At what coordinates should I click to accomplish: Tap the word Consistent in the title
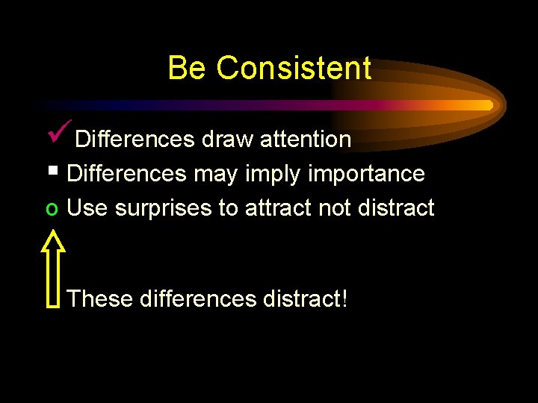click(x=294, y=68)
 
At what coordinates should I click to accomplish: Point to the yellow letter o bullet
click(x=50, y=209)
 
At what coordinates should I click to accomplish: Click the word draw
click(x=224, y=140)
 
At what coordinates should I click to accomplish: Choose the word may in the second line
click(x=212, y=175)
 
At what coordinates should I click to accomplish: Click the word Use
click(x=87, y=208)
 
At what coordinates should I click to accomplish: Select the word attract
click(x=278, y=208)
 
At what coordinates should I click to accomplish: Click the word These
click(x=99, y=299)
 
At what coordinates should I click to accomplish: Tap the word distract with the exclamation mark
click(x=306, y=299)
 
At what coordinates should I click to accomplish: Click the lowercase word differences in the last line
click(x=199, y=299)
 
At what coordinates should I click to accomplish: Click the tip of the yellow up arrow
click(x=53, y=232)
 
